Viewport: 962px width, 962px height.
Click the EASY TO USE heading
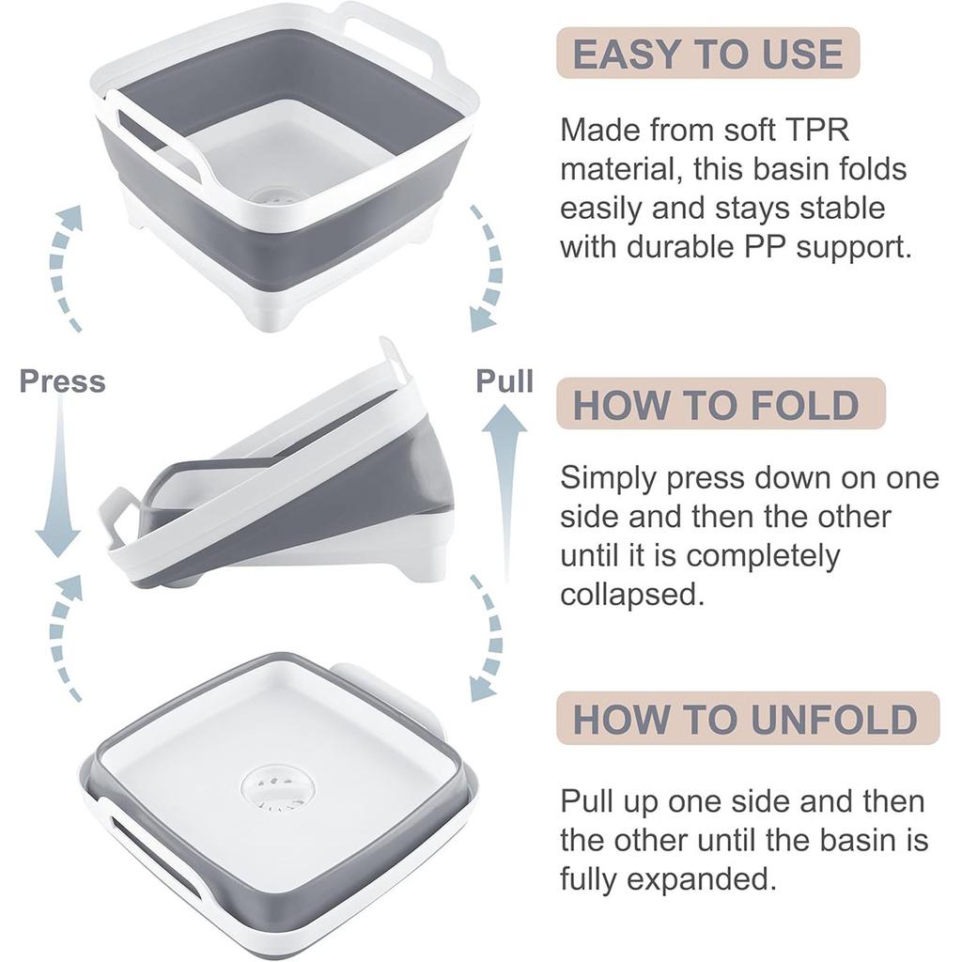[707, 54]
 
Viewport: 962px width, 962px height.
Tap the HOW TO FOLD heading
[716, 405]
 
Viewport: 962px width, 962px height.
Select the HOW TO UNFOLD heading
[745, 719]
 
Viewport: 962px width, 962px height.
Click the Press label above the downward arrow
[62, 381]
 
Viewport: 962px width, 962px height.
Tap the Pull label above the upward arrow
[504, 380]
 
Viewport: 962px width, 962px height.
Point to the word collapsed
[631, 595]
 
